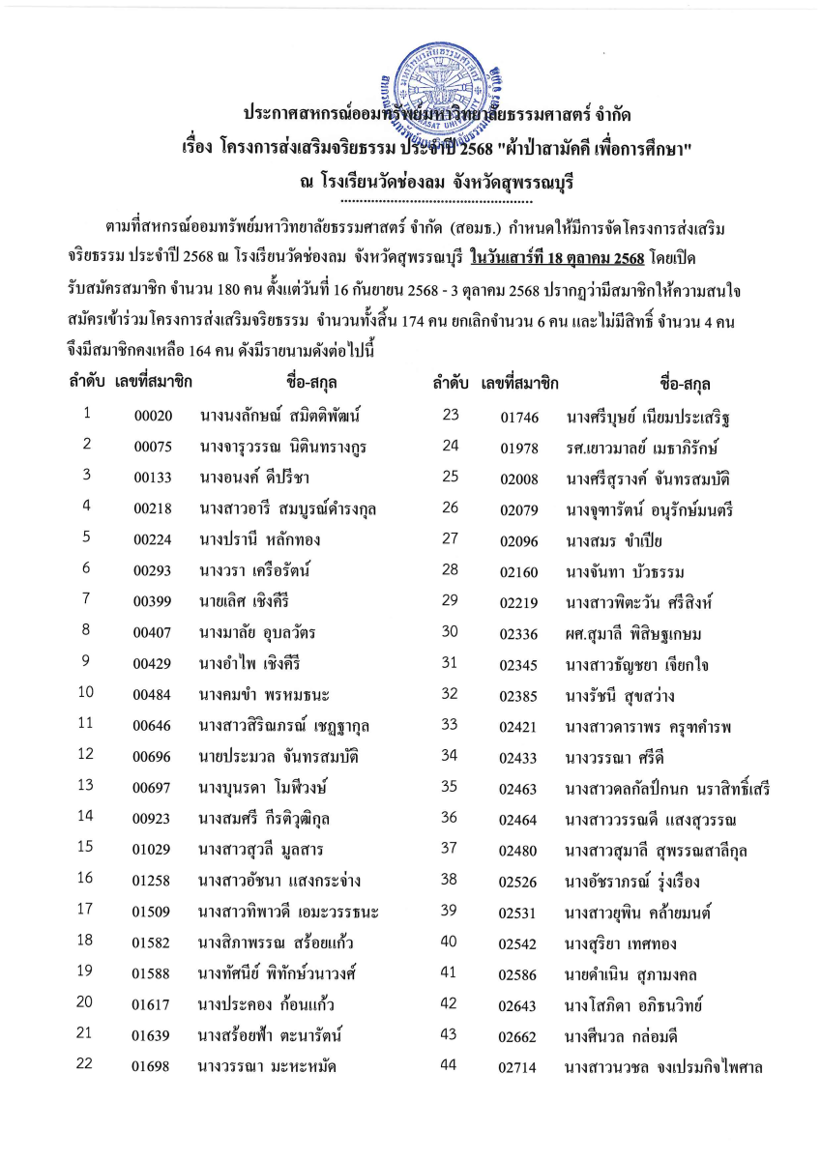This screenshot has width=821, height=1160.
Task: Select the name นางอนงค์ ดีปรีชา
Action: [254, 478]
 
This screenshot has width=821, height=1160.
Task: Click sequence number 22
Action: [87, 1065]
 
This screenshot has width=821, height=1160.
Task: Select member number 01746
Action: [518, 419]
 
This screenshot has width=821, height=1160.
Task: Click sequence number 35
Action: [450, 787]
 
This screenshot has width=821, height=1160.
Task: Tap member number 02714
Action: [518, 1067]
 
